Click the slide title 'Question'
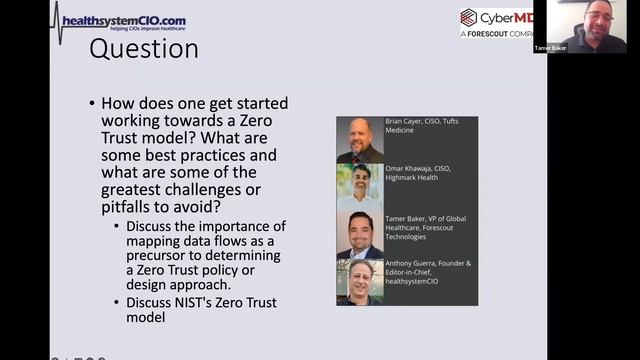pos(144,49)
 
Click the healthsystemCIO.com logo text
pos(123,21)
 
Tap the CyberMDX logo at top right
pos(496,19)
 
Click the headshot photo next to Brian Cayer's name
pos(360,140)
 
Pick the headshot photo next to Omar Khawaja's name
pos(360,187)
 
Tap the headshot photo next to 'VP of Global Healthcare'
pos(360,236)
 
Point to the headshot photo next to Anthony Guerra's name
pos(360,283)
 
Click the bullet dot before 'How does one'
pos(92,103)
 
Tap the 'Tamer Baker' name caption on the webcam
pos(551,47)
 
